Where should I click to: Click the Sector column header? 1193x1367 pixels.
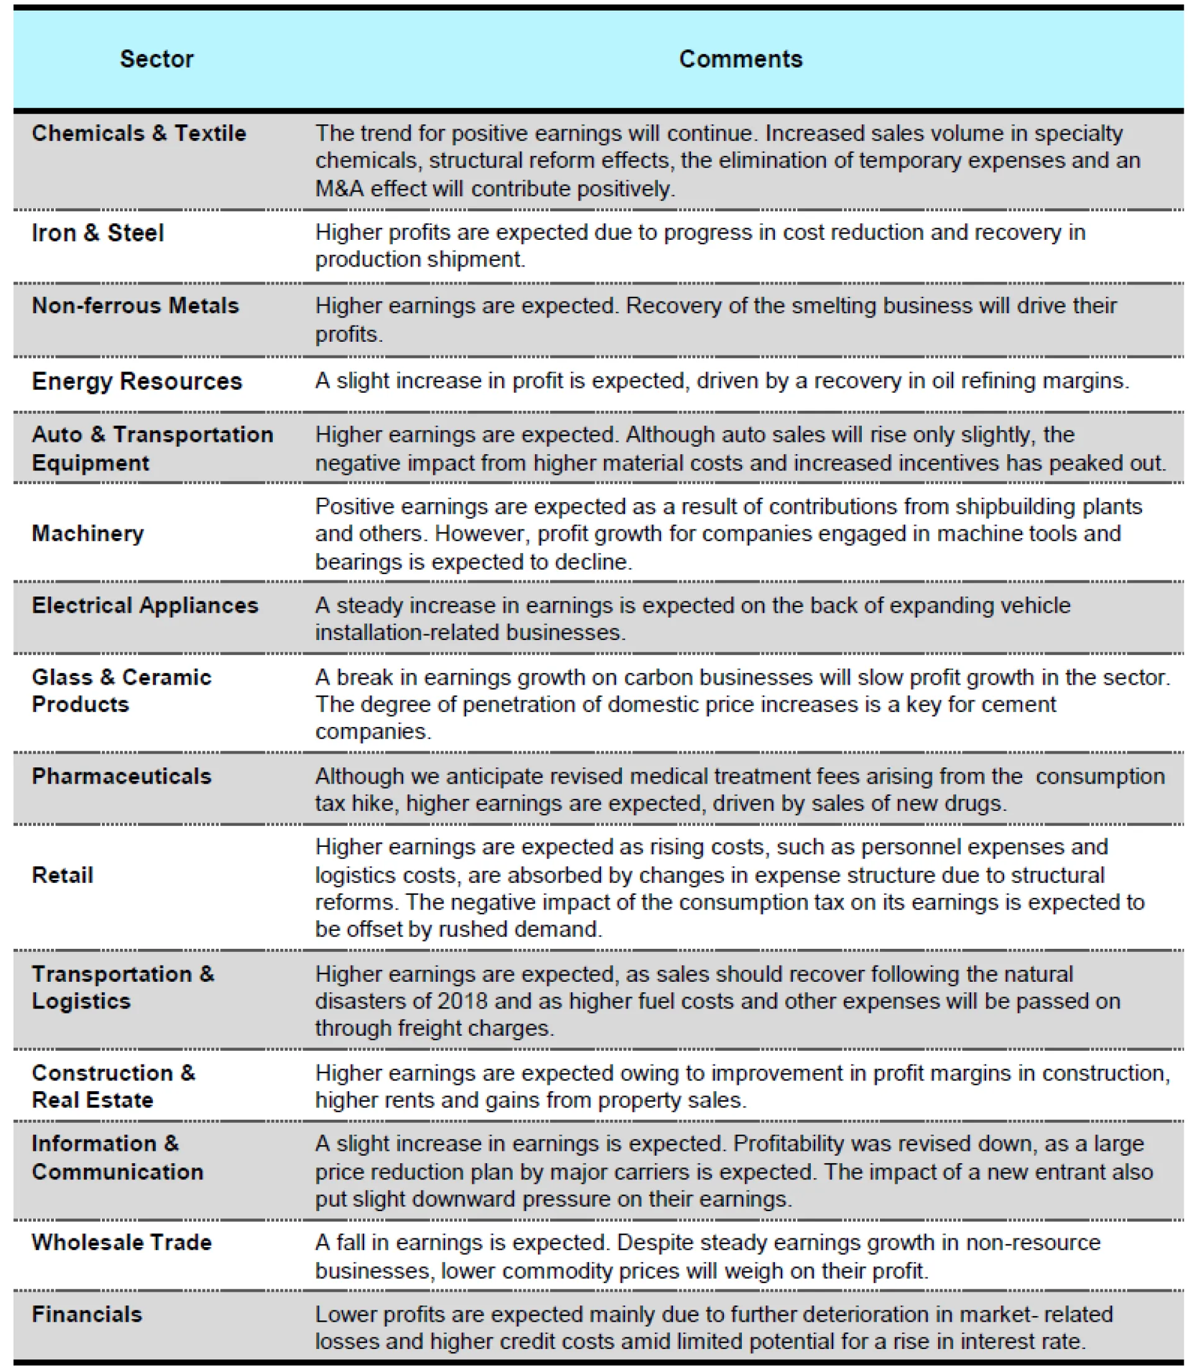pos(157,59)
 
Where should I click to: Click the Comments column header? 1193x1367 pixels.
pos(740,59)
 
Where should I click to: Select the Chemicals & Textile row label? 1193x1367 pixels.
pos(139,133)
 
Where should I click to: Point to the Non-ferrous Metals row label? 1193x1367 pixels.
pos(135,306)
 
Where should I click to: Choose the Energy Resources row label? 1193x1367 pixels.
pos(137,381)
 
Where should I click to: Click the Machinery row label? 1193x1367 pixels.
pos(88,533)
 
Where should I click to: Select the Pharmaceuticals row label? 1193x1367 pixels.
pos(122,776)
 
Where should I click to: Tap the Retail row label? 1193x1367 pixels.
pos(63,875)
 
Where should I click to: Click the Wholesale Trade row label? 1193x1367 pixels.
pos(122,1243)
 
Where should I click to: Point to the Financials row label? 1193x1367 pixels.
pos(87,1314)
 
